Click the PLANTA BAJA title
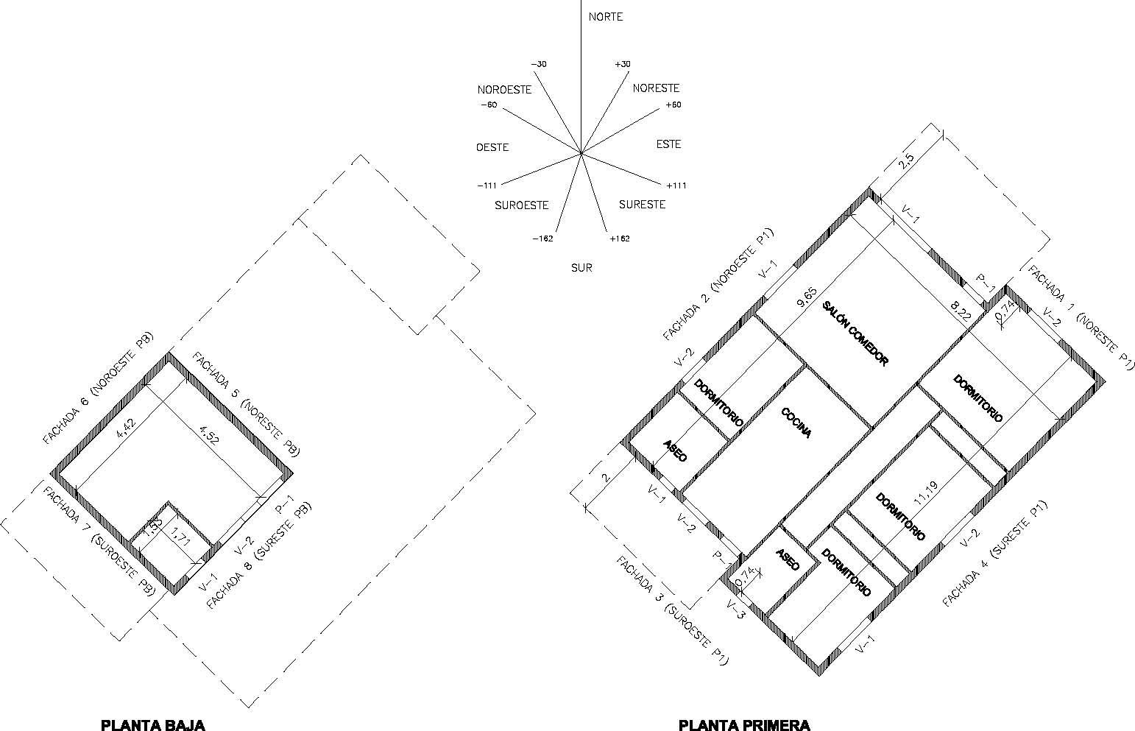(x=153, y=724)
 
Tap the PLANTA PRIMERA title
(x=744, y=724)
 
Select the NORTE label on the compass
(x=606, y=16)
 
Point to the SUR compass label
(x=581, y=268)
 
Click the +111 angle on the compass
(x=676, y=186)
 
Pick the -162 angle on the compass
(x=542, y=239)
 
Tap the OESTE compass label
(x=492, y=147)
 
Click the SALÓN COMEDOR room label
(x=855, y=333)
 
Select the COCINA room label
(x=796, y=423)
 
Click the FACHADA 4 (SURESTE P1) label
(x=995, y=554)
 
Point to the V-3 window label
(x=736, y=610)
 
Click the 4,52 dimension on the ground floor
(x=210, y=436)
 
